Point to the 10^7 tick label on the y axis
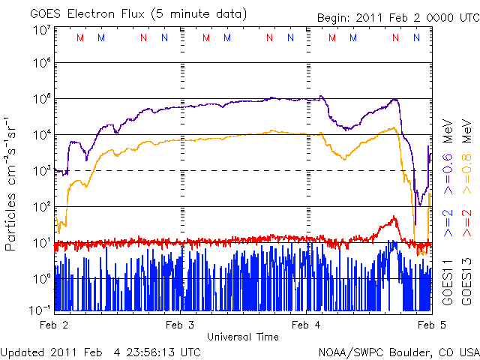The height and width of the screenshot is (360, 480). [x=41, y=31]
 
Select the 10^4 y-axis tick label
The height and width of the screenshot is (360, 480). [x=41, y=135]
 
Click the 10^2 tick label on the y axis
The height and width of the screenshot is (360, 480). [x=41, y=207]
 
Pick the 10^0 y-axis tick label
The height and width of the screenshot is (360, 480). [x=41, y=279]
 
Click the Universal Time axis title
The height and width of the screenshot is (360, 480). [x=243, y=337]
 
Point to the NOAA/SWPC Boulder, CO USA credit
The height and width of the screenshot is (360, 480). [x=398, y=352]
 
